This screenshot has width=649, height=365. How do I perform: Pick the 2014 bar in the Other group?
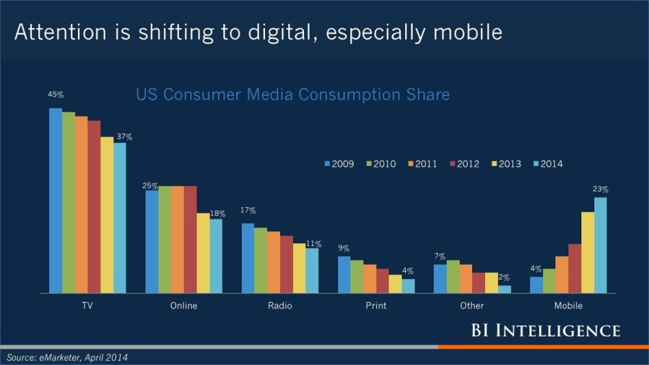504,289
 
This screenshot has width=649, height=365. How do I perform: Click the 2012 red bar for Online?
190,239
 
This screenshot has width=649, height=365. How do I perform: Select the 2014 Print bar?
408,286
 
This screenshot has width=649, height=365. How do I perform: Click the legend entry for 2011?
424,164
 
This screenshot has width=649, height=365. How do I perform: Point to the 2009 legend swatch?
327,164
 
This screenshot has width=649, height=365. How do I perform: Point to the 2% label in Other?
504,278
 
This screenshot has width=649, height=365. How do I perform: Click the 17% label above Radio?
248,211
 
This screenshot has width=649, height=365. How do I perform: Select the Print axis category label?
376,306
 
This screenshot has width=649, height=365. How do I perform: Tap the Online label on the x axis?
183,306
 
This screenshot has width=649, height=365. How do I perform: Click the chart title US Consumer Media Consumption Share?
292,94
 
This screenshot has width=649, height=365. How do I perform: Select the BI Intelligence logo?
545,331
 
